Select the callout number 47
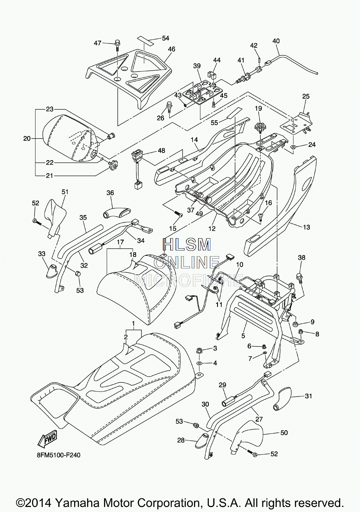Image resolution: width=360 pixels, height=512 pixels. click(98, 43)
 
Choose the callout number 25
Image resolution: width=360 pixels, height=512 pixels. click(306, 96)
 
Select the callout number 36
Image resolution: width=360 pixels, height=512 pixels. click(110, 193)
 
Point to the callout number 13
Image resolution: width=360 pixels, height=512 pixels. click(306, 227)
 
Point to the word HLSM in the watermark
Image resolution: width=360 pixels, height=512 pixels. click(187, 245)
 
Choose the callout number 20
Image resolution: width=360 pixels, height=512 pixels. click(27, 138)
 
